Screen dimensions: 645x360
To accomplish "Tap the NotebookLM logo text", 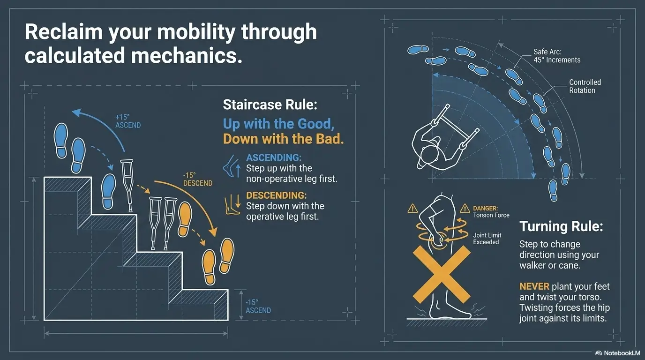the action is tap(617, 353).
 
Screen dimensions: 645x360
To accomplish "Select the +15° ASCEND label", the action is tap(128, 121).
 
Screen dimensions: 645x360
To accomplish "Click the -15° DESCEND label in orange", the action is tap(197, 179).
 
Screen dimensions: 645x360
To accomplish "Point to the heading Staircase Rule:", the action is tap(270, 104).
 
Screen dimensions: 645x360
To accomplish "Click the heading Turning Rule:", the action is tap(561, 226).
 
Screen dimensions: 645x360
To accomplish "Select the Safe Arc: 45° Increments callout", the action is tap(557, 56).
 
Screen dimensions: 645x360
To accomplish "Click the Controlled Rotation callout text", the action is tap(585, 86).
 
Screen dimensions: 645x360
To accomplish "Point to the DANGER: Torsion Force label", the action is tap(491, 212).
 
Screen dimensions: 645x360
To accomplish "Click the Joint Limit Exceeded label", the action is tap(487, 239).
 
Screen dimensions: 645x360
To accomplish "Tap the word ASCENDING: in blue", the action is tap(274, 157).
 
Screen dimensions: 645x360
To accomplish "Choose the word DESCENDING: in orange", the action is tap(276, 195).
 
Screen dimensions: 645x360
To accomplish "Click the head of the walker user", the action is tap(429, 155).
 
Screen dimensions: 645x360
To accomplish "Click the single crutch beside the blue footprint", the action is tap(127, 185).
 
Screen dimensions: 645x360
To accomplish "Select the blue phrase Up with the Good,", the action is tap(278, 124).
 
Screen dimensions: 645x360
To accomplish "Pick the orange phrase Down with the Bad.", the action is tap(283, 139).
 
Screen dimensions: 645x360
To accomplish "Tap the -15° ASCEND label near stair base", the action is tap(258, 307).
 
